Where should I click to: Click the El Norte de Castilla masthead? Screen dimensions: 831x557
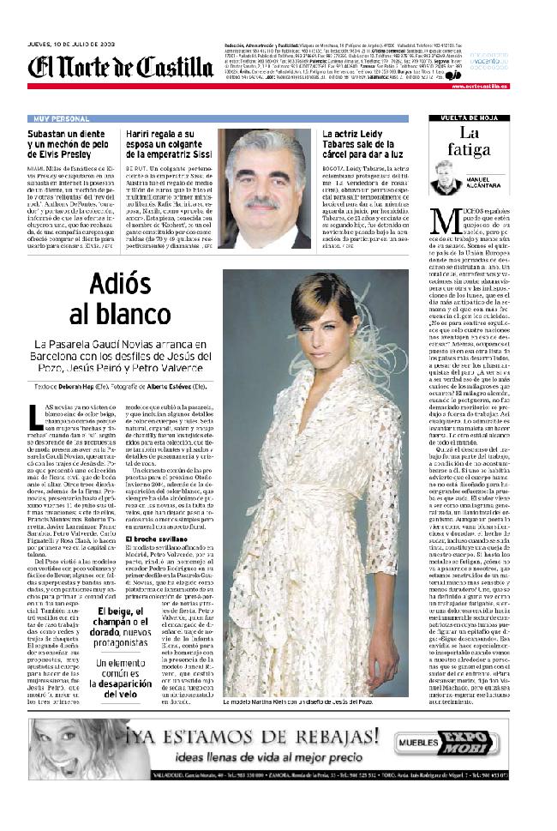click(x=120, y=66)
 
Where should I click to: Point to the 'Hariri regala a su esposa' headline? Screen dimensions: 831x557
click(x=170, y=146)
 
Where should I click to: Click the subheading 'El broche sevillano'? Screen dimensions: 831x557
click(x=153, y=537)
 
